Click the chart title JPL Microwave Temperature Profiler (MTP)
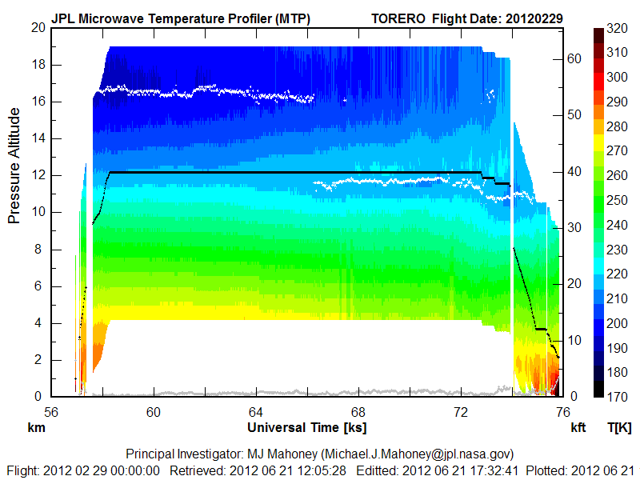click(181, 18)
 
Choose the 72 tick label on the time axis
click(461, 411)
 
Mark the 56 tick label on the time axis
click(51, 411)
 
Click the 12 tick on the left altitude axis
click(38, 175)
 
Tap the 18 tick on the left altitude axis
click(38, 64)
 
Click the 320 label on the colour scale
click(616, 28)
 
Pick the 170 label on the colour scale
click(616, 397)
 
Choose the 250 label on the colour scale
click(616, 200)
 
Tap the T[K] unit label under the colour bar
click(619, 428)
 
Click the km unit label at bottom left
click(35, 428)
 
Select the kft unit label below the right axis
click(578, 428)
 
